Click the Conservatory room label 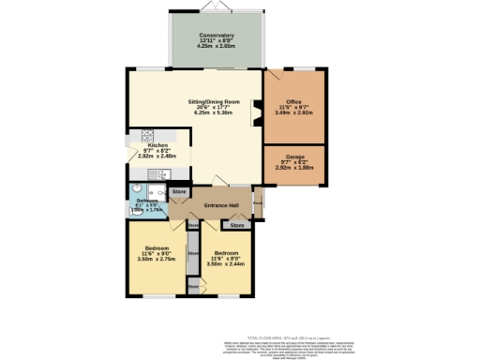[x=216, y=36]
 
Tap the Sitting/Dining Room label [x=215, y=101]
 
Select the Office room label [x=294, y=103]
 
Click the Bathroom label [x=145, y=201]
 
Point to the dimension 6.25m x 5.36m [x=215, y=112]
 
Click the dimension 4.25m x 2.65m [x=216, y=48]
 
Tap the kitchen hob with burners [x=146, y=136]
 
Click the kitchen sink [x=161, y=174]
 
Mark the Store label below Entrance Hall [x=237, y=225]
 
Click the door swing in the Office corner [x=274, y=79]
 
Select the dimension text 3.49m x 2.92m [x=294, y=114]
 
